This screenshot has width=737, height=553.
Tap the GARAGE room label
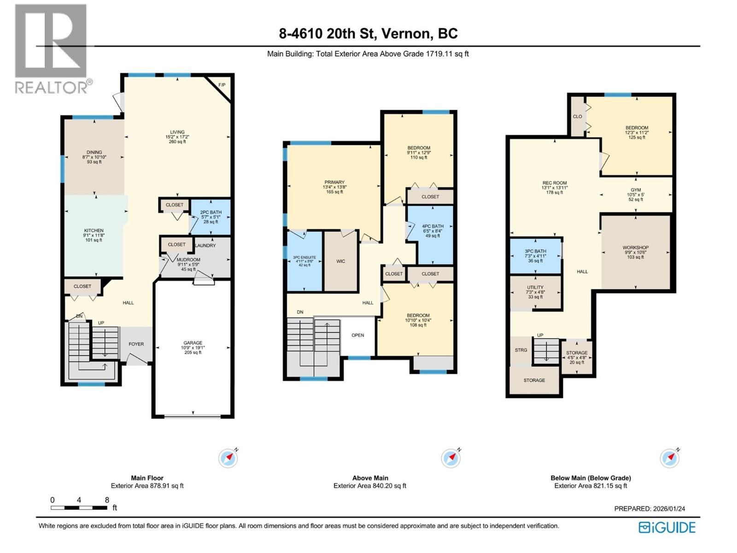coord(193,343)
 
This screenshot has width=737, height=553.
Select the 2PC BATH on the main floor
coord(211,212)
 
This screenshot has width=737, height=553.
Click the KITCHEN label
coord(94,230)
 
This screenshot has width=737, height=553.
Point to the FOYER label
coord(136,344)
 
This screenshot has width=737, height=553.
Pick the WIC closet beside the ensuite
coord(340,261)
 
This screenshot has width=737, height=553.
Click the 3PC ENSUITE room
coord(304,258)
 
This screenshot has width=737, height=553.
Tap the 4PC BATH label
coord(433,226)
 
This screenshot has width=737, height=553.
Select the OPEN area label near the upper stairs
coord(358,335)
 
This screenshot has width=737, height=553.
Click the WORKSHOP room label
coord(635,247)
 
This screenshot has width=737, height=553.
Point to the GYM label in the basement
coord(636,190)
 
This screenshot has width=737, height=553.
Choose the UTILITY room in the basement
coord(535,287)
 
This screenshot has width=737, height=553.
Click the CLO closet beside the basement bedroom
coord(577,117)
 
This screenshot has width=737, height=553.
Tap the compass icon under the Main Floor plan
coord(228,458)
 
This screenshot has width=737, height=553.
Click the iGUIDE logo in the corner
coord(667,527)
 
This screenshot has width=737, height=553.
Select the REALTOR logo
coord(52,48)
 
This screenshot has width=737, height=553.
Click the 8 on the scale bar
coord(107,500)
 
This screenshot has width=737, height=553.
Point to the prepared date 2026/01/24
coord(669,509)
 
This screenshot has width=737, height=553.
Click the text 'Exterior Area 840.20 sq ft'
coord(370,486)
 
